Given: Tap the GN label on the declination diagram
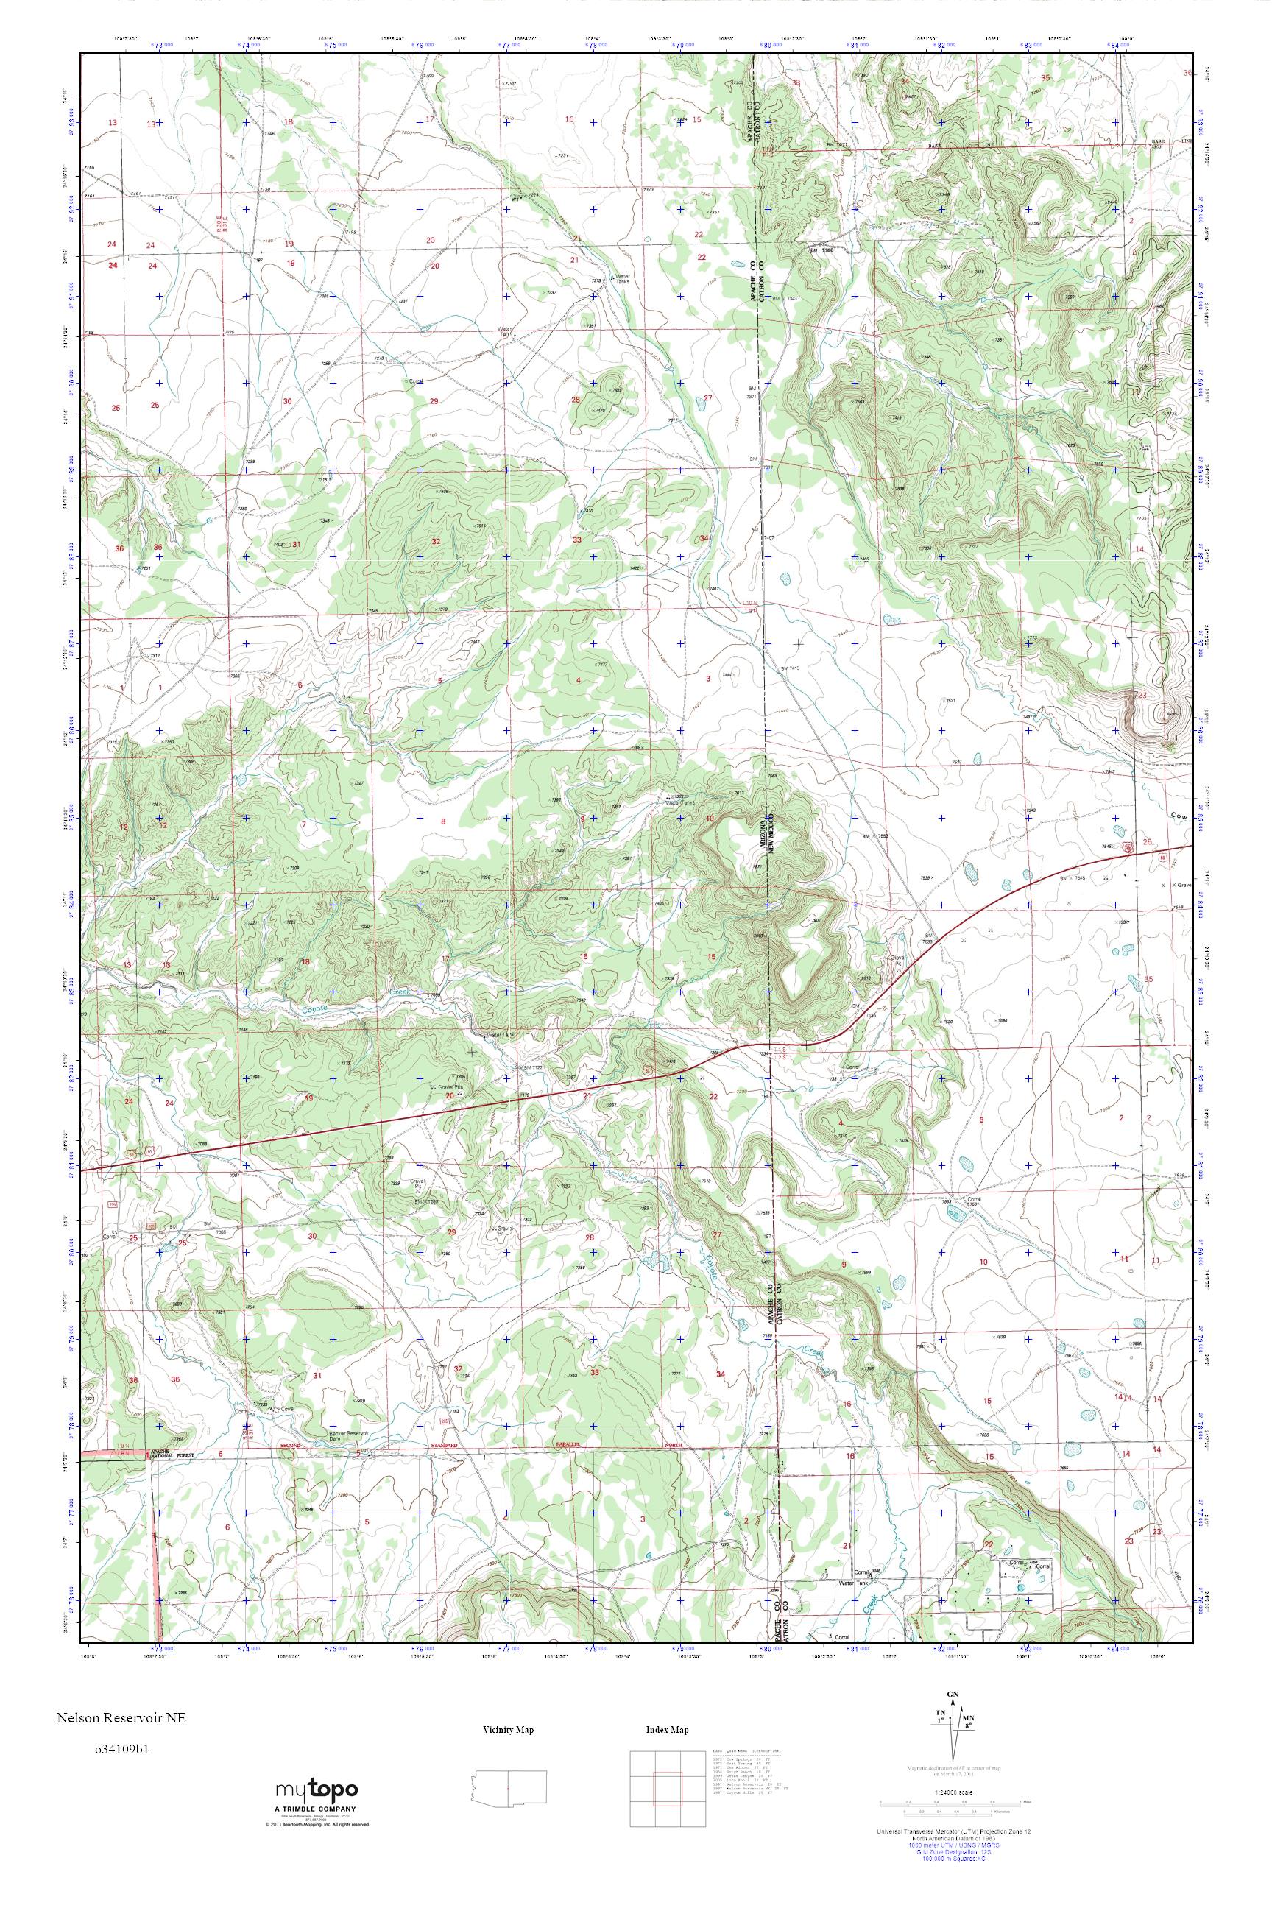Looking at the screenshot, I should pyautogui.click(x=952, y=1687).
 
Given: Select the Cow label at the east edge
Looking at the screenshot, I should pyautogui.click(x=1180, y=816).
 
